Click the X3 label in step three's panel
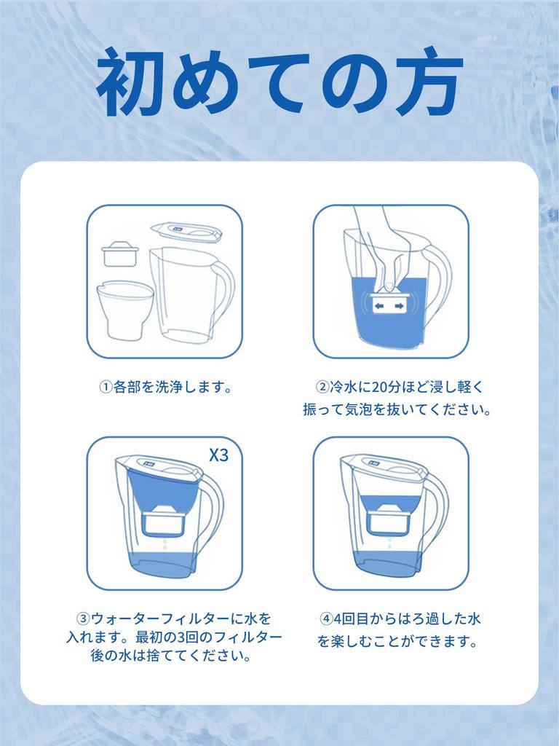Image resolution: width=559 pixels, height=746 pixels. (218, 455)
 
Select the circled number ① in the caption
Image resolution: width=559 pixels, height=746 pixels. (104, 387)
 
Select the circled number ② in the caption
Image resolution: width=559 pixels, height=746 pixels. (321, 387)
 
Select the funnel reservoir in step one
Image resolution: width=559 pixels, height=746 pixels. (124, 309)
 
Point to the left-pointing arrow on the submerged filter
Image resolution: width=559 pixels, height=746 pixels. (378, 307)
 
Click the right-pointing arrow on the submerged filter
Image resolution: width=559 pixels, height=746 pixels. (399, 307)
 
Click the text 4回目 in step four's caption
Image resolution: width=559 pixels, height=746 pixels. (352, 619)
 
